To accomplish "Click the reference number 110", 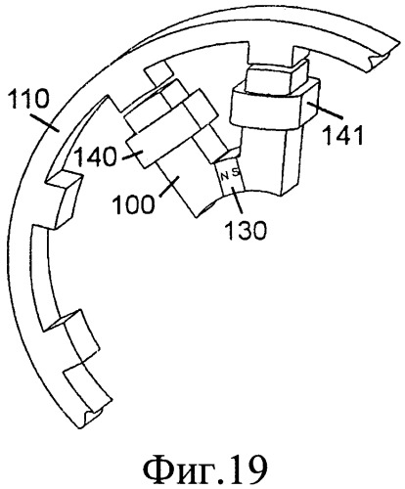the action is (29, 99).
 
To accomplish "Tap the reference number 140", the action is (95, 156).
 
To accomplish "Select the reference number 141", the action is (342, 135).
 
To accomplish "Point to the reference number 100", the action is (133, 204).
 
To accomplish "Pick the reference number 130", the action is (247, 230).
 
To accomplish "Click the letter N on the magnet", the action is (224, 177).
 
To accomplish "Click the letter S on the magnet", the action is (235, 172).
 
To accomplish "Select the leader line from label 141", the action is (324, 111).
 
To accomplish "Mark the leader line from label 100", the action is (169, 186).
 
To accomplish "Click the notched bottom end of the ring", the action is (92, 412).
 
